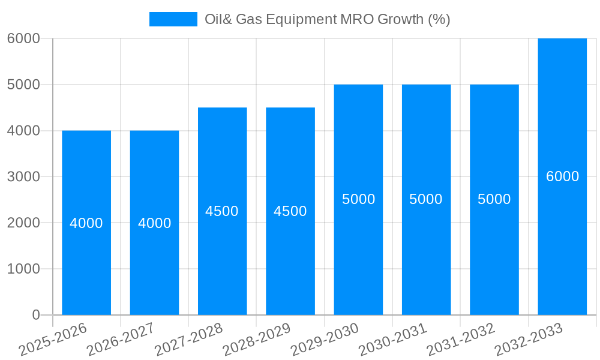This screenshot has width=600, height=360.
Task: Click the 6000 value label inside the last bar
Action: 562,176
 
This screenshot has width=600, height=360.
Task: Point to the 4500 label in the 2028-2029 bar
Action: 290,211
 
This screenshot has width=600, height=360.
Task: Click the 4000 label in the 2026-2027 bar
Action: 154,223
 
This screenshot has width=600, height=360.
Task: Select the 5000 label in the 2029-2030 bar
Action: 358,199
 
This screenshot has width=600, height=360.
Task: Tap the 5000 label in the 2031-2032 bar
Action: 494,199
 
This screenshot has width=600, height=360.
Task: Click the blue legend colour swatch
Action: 173,19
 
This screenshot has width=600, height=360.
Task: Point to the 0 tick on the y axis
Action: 35,315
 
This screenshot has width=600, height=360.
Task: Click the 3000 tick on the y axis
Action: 23,177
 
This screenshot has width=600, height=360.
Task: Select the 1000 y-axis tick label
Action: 23,269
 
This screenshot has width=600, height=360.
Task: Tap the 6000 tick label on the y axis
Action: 23,38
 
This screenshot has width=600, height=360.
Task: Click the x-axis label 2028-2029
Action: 256,339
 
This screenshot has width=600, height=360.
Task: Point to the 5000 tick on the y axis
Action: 23,85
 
